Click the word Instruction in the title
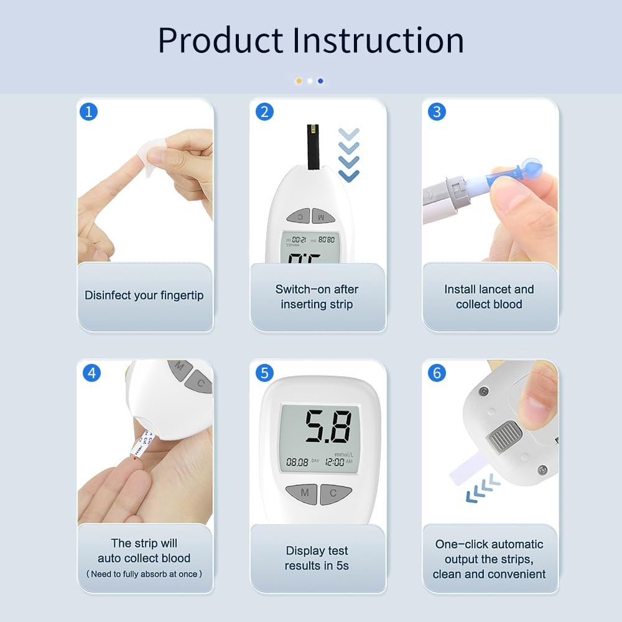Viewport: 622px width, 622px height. coord(378,40)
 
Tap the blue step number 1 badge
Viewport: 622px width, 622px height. coord(88,111)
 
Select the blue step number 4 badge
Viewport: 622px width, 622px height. coord(92,373)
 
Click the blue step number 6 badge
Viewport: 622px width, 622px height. coord(437,373)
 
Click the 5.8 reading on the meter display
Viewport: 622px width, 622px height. coord(327,427)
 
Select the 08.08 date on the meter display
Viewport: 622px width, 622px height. coord(297,462)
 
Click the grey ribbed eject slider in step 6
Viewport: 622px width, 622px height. coord(504,435)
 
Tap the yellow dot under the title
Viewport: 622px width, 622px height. coord(299,81)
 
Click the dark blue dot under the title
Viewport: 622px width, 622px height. coord(320,81)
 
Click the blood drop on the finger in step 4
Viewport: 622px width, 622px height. coord(133,458)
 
